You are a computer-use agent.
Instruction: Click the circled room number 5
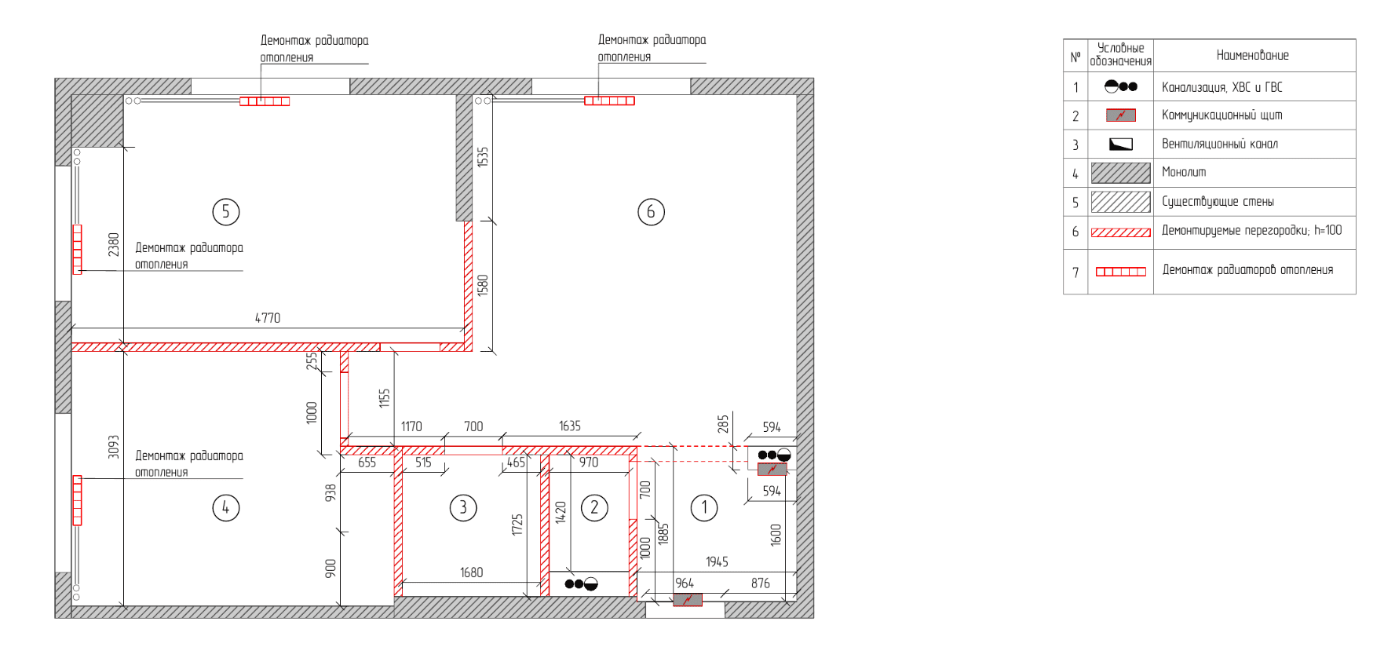[226, 211]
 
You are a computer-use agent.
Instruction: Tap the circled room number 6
[651, 211]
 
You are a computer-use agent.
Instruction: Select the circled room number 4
[226, 507]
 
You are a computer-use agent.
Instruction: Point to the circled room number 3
[463, 507]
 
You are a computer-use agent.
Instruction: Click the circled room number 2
[594, 507]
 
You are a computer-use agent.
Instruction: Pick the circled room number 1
[704, 507]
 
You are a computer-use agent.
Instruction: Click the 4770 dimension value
[268, 318]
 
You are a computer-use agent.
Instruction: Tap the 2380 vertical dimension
[114, 244]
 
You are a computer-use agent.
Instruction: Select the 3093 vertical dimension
[114, 447]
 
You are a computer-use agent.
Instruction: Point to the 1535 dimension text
[483, 156]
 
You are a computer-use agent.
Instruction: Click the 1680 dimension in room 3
[472, 572]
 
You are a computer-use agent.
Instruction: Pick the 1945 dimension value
[717, 561]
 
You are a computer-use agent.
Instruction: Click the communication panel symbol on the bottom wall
[688, 600]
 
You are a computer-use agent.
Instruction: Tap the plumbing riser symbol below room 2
[582, 583]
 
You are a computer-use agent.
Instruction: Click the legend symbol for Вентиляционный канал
[1121, 144]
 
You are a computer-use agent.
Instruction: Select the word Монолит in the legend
[1184, 172]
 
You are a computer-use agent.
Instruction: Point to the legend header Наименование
[1253, 55]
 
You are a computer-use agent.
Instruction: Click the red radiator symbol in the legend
[1121, 272]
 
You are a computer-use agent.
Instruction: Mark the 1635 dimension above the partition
[570, 426]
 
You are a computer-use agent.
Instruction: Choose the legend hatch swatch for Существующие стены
[1121, 202]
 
